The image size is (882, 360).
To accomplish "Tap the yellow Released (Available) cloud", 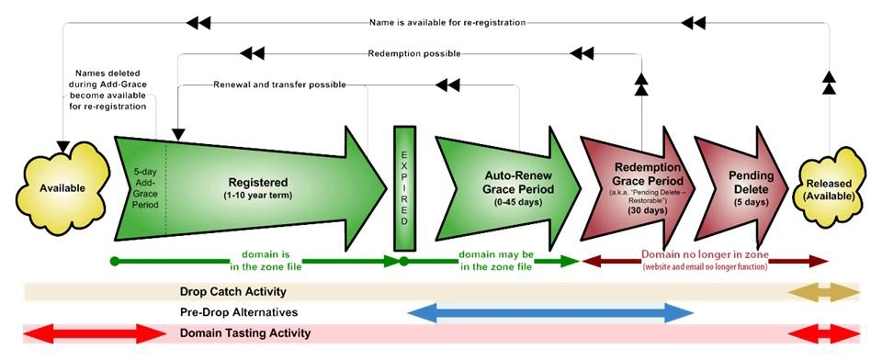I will click(829, 188).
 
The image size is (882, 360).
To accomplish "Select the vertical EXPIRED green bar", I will click(403, 188).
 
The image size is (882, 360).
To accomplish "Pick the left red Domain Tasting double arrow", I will click(81, 333).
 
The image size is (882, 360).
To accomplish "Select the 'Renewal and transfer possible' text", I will click(279, 85).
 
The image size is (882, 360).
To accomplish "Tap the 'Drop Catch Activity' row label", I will click(232, 292).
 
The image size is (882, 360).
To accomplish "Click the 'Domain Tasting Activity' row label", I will click(244, 333).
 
